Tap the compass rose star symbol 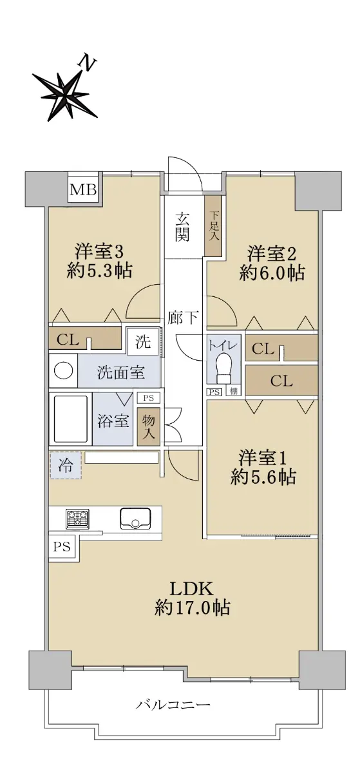(x=66, y=94)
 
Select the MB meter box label (x=83, y=189)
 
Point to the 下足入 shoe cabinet (x=214, y=225)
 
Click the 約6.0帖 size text (x=272, y=274)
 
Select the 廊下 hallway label (x=183, y=318)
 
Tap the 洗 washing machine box (x=143, y=341)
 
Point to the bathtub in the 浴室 (x=71, y=419)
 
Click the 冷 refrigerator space (x=66, y=466)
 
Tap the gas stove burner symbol (x=77, y=519)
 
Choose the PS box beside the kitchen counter (x=62, y=547)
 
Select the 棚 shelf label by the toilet (x=234, y=392)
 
